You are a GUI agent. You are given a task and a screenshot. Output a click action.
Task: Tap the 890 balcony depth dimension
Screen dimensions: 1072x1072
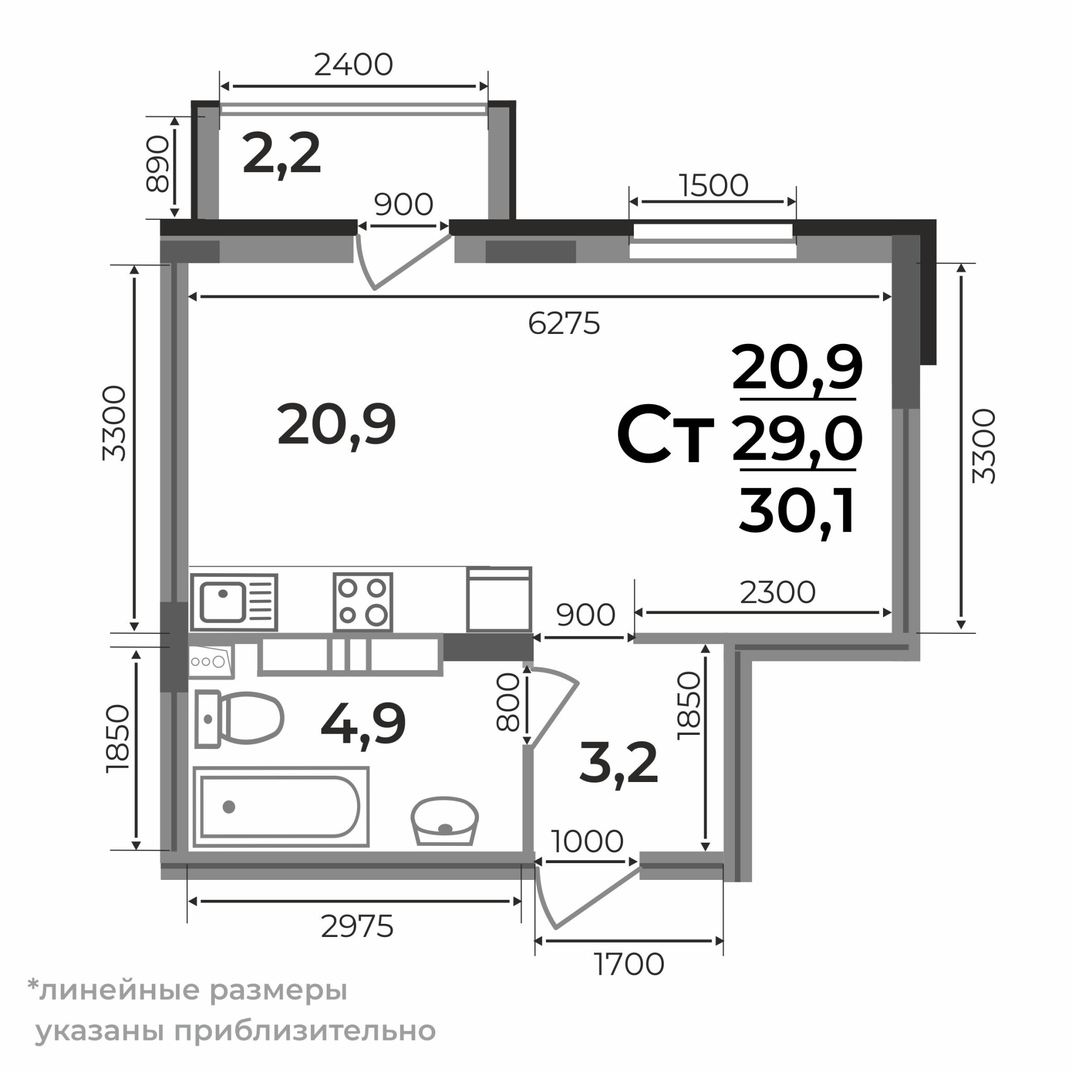click(157, 164)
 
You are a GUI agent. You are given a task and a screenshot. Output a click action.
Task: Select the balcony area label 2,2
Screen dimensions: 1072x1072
click(282, 154)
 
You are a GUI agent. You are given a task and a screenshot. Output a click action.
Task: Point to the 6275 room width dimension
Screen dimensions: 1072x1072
click(564, 323)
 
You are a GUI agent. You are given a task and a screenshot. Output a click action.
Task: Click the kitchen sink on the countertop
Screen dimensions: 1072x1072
click(234, 602)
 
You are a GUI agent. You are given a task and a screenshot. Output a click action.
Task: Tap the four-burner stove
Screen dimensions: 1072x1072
click(363, 602)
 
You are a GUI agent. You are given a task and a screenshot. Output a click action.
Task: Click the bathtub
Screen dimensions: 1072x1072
click(281, 807)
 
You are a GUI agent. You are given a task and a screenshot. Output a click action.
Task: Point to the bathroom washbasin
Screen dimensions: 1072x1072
click(444, 821)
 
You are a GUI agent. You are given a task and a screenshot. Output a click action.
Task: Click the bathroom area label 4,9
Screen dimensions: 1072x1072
click(363, 724)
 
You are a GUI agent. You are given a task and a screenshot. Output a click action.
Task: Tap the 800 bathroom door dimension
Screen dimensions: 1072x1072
click(508, 702)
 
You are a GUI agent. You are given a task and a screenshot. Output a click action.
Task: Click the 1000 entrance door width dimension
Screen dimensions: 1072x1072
click(587, 841)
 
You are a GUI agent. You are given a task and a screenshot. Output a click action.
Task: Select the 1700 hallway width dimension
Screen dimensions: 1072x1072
click(629, 964)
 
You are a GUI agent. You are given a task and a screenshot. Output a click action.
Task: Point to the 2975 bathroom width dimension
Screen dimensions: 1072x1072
click(358, 926)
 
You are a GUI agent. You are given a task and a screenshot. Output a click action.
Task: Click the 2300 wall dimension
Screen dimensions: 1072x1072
click(777, 593)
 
